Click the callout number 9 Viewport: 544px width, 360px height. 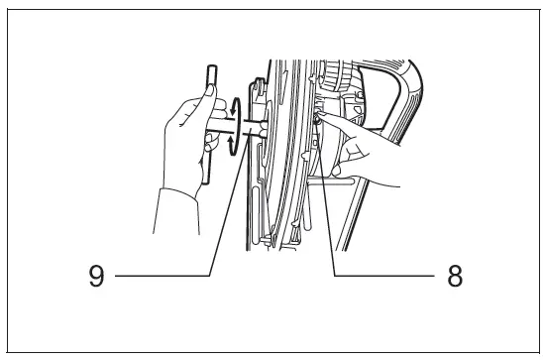coord(96,276)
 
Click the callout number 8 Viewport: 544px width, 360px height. coord(454,276)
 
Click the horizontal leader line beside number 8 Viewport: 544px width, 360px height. coord(386,276)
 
